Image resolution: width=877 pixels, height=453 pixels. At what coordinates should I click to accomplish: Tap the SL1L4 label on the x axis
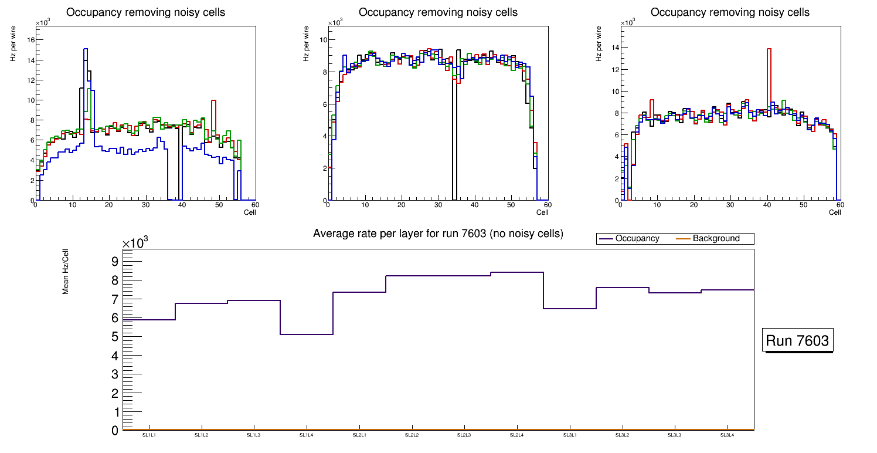pos(307,435)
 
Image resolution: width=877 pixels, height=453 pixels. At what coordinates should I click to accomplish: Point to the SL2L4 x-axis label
pos(516,435)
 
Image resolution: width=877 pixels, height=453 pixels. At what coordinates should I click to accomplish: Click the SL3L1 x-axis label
pos(569,435)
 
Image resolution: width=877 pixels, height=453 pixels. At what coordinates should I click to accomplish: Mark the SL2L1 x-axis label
pos(359,435)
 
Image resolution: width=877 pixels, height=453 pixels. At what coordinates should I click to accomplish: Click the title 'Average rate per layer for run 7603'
pos(438,234)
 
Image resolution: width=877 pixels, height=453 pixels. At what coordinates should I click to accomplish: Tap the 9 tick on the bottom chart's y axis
pos(115,261)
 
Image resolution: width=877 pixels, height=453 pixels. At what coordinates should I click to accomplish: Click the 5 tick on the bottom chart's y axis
pos(115,337)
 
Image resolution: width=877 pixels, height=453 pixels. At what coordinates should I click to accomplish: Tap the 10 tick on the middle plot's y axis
pos(322,40)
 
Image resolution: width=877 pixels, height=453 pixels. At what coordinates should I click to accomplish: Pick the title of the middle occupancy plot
pos(438,12)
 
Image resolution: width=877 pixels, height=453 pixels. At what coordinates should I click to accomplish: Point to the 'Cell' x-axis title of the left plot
pos(250,212)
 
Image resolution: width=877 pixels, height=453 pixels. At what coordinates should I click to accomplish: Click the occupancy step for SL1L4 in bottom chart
pos(307,334)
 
